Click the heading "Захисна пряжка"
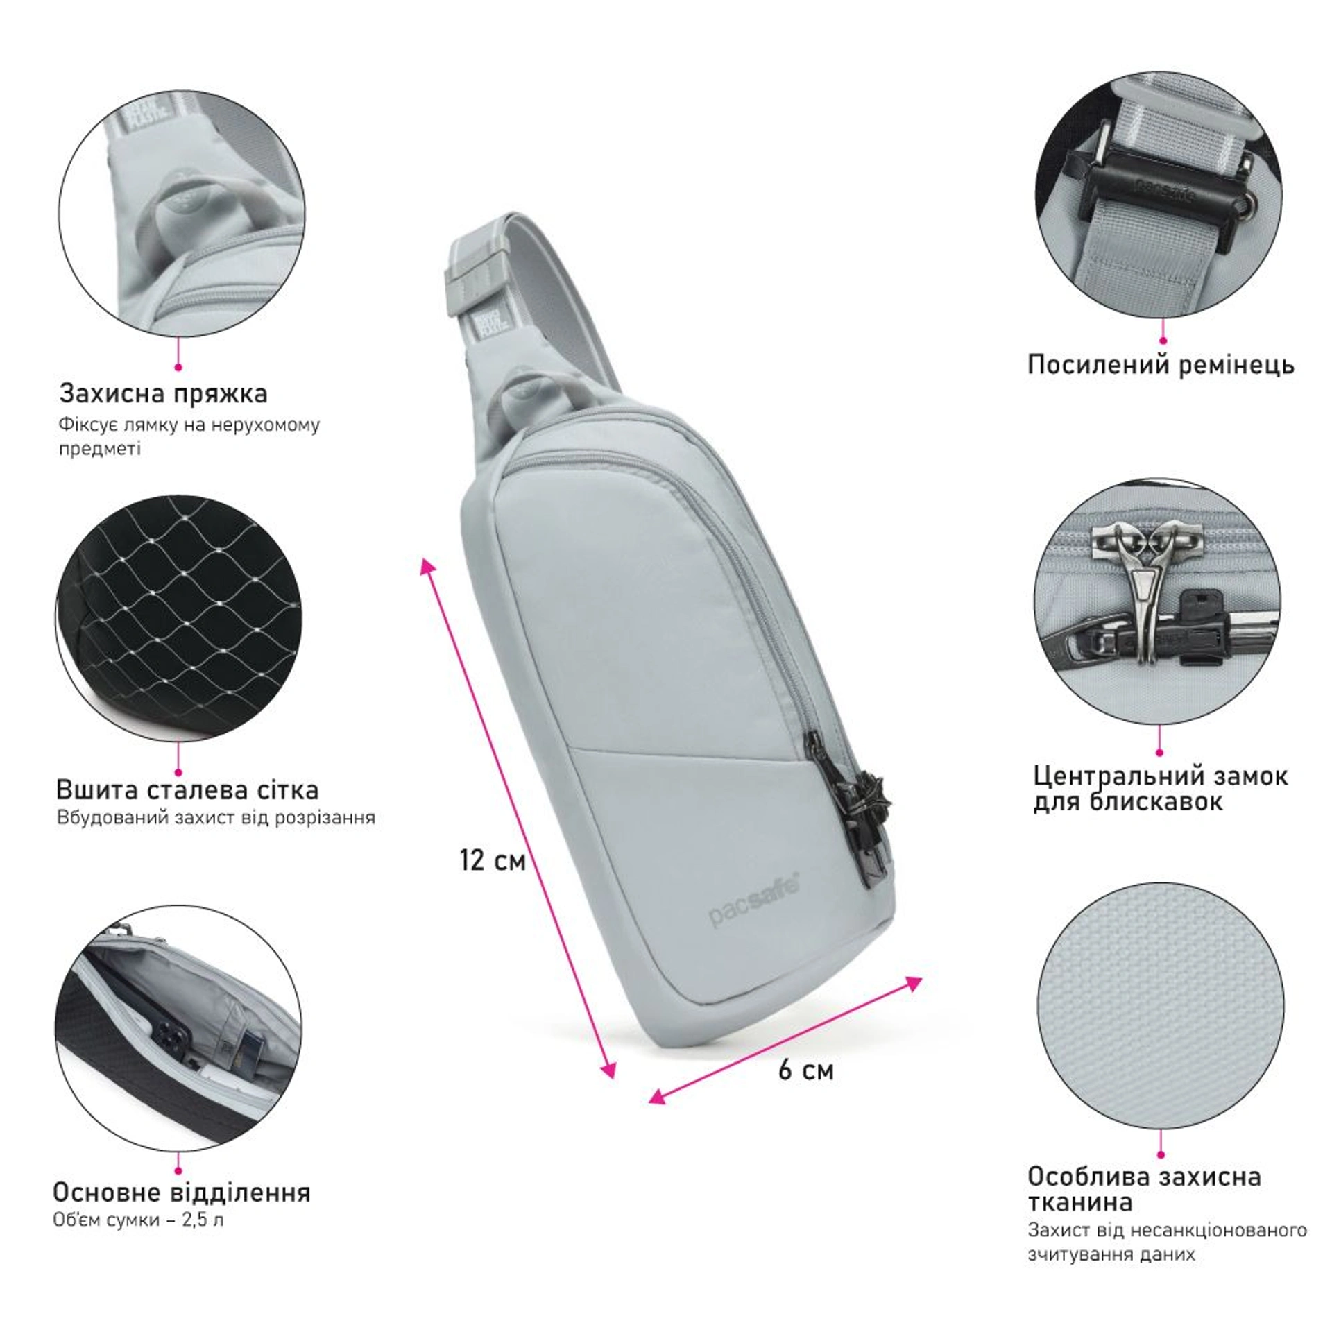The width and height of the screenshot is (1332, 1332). pyautogui.click(x=163, y=393)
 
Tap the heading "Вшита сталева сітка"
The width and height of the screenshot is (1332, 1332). pyautogui.click(x=187, y=789)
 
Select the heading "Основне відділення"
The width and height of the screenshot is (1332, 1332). pyautogui.click(x=182, y=1192)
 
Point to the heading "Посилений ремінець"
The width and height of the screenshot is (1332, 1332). pyautogui.click(x=1161, y=364)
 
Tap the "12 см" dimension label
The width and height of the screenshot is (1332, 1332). pyautogui.click(x=493, y=860)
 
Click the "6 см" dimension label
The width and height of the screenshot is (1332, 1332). pyautogui.click(x=805, y=1070)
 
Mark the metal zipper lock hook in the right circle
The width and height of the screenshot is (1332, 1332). pyautogui.click(x=1148, y=569)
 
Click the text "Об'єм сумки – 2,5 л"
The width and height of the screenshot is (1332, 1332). pyautogui.click(x=138, y=1219)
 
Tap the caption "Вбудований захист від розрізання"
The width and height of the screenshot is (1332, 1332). pyautogui.click(x=216, y=817)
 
